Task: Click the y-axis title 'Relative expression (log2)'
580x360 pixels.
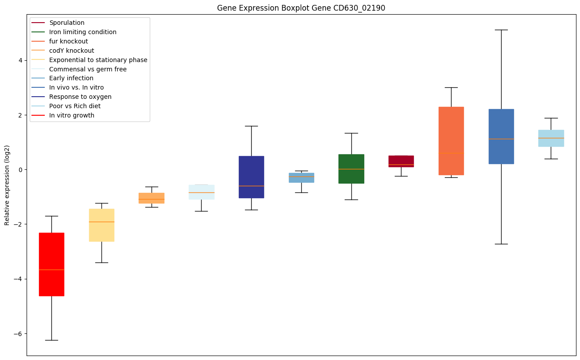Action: coord(7,185)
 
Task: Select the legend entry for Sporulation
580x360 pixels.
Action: coord(67,23)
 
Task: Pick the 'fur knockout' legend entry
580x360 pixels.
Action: coord(69,41)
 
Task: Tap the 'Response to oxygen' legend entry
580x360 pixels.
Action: coord(80,97)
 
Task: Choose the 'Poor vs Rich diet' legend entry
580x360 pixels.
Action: coord(75,106)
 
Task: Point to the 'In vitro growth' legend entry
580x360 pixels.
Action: coord(72,115)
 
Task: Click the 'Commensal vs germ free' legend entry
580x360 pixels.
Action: coord(88,69)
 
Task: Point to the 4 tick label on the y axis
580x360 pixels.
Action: coord(19,60)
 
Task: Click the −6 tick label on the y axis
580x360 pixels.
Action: coord(18,333)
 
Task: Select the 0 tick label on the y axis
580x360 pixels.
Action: coord(19,170)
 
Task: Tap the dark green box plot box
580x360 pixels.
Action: coord(351,168)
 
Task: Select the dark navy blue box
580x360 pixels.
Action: coord(251,177)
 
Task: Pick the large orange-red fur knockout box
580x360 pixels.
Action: coord(451,141)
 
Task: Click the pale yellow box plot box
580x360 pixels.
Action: coord(101,225)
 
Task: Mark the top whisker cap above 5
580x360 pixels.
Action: coord(501,30)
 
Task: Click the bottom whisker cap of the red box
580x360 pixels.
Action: coord(51,340)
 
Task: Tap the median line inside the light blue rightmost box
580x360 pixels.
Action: coord(551,138)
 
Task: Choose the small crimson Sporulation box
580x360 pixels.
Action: coord(401,161)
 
